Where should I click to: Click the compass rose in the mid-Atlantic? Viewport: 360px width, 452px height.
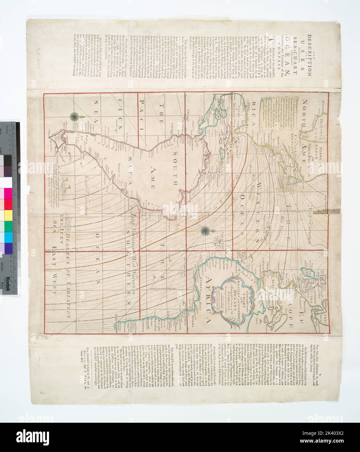coord(205,231)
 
